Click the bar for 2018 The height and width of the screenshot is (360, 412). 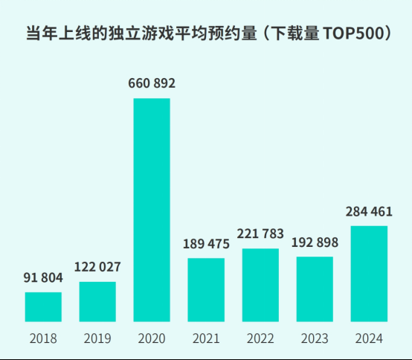(x=43, y=307)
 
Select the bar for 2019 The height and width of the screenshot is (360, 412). (x=97, y=302)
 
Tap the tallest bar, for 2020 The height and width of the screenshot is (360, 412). (x=152, y=210)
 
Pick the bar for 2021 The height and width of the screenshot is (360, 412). (x=206, y=290)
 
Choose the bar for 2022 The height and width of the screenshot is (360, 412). (x=260, y=286)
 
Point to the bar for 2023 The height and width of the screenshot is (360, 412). (x=315, y=289)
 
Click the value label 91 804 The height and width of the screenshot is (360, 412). (x=43, y=277)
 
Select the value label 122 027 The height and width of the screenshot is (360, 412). (x=97, y=267)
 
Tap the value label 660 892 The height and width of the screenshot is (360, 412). (x=152, y=83)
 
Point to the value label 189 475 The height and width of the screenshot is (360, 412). (x=206, y=243)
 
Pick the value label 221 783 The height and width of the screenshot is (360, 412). (x=260, y=234)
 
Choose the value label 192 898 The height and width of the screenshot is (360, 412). (x=315, y=242)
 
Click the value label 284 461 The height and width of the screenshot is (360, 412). (x=369, y=211)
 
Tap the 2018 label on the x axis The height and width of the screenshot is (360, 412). (x=43, y=338)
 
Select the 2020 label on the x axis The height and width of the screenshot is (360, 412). (x=152, y=338)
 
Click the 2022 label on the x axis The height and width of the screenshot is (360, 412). (x=260, y=338)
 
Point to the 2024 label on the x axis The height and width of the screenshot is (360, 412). (x=369, y=338)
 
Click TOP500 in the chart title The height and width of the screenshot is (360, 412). (x=348, y=35)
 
